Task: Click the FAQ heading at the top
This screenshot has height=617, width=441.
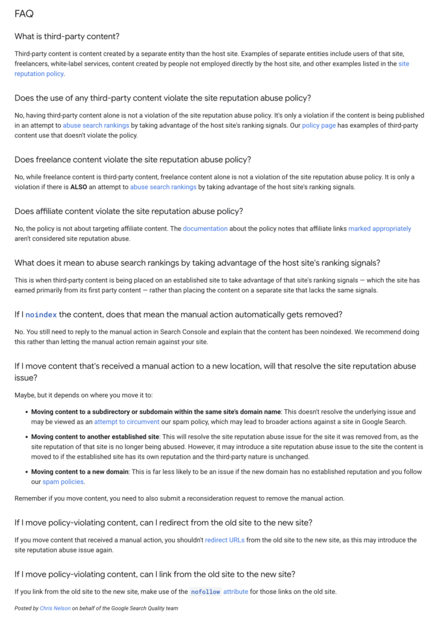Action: click(x=24, y=13)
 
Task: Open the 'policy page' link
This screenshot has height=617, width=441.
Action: click(x=319, y=125)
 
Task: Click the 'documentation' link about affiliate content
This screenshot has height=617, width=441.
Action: click(x=205, y=229)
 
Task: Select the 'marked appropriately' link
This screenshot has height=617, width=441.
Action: click(x=380, y=229)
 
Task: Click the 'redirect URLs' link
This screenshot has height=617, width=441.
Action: click(x=225, y=540)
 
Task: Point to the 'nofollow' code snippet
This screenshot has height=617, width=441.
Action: click(x=205, y=592)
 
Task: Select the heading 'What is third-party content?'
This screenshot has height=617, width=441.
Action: click(x=67, y=37)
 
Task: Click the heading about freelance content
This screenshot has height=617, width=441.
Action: click(x=133, y=160)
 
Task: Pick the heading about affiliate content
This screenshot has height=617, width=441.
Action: click(x=128, y=211)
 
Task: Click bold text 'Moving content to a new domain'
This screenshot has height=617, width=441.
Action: click(x=80, y=472)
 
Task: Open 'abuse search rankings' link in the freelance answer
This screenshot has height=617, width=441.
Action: click(x=163, y=187)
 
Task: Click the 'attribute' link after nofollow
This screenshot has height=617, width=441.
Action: click(x=236, y=592)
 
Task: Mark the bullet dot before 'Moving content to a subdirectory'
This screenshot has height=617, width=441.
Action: click(x=26, y=412)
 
